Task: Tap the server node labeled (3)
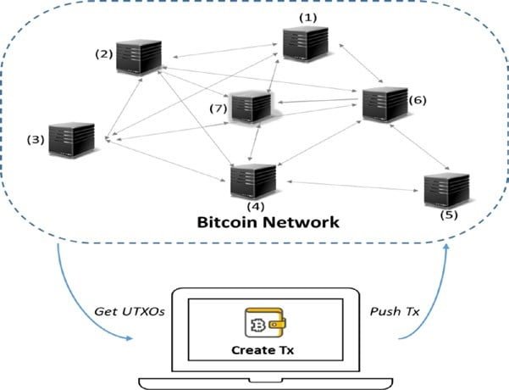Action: tap(70, 142)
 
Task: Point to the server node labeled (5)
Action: tap(446, 191)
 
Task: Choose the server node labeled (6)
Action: tap(384, 103)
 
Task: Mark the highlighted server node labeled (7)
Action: tap(250, 109)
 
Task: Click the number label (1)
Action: tap(309, 16)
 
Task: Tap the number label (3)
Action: tap(35, 139)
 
